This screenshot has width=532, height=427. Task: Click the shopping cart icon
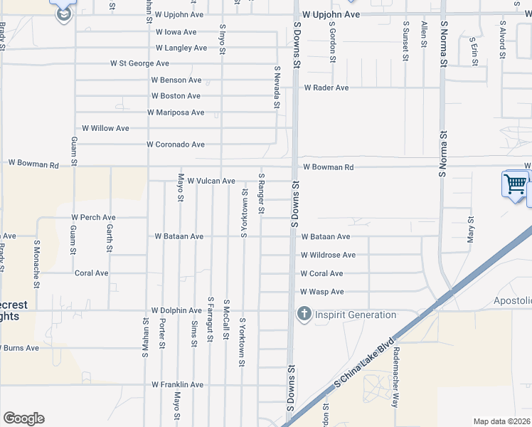[515, 185]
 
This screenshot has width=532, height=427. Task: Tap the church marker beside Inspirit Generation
[304, 315]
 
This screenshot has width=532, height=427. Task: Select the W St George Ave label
[139, 63]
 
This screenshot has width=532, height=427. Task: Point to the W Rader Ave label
[326, 88]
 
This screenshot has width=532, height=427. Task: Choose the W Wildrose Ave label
[328, 255]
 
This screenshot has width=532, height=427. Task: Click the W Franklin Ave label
[177, 384]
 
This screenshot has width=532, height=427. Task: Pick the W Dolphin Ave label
[176, 310]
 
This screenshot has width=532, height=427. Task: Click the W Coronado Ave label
[176, 144]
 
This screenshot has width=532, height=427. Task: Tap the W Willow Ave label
[105, 128]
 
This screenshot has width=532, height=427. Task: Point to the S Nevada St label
[277, 87]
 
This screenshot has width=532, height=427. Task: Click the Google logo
[23, 418]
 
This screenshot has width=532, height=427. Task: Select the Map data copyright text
[502, 421]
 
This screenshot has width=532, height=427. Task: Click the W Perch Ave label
[93, 217]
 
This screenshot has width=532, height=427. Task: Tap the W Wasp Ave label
[321, 292]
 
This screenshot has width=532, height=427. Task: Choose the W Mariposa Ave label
[176, 112]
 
